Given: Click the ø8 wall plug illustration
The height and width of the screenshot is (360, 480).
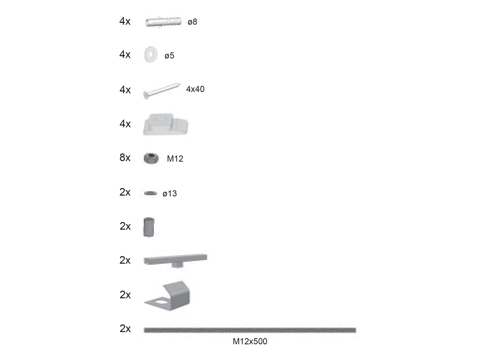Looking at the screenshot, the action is tap(163, 22).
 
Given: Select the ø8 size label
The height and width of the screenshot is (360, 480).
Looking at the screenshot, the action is tap(192, 22).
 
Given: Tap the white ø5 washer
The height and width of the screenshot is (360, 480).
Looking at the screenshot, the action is tap(151, 54).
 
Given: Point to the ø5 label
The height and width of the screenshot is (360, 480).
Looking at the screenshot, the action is tap(169, 55).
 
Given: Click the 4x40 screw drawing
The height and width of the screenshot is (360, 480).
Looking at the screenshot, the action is tap(162, 91).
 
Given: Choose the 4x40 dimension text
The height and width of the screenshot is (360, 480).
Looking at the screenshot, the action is tap(195, 89).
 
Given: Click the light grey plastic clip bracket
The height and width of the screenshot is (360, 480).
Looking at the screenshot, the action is tap(166, 124).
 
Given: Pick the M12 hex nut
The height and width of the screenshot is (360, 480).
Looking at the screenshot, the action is tap(151, 158).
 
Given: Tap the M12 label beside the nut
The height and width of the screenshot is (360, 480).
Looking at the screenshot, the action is tap(175, 159).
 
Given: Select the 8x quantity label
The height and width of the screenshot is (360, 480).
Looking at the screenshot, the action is tap(125, 157).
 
